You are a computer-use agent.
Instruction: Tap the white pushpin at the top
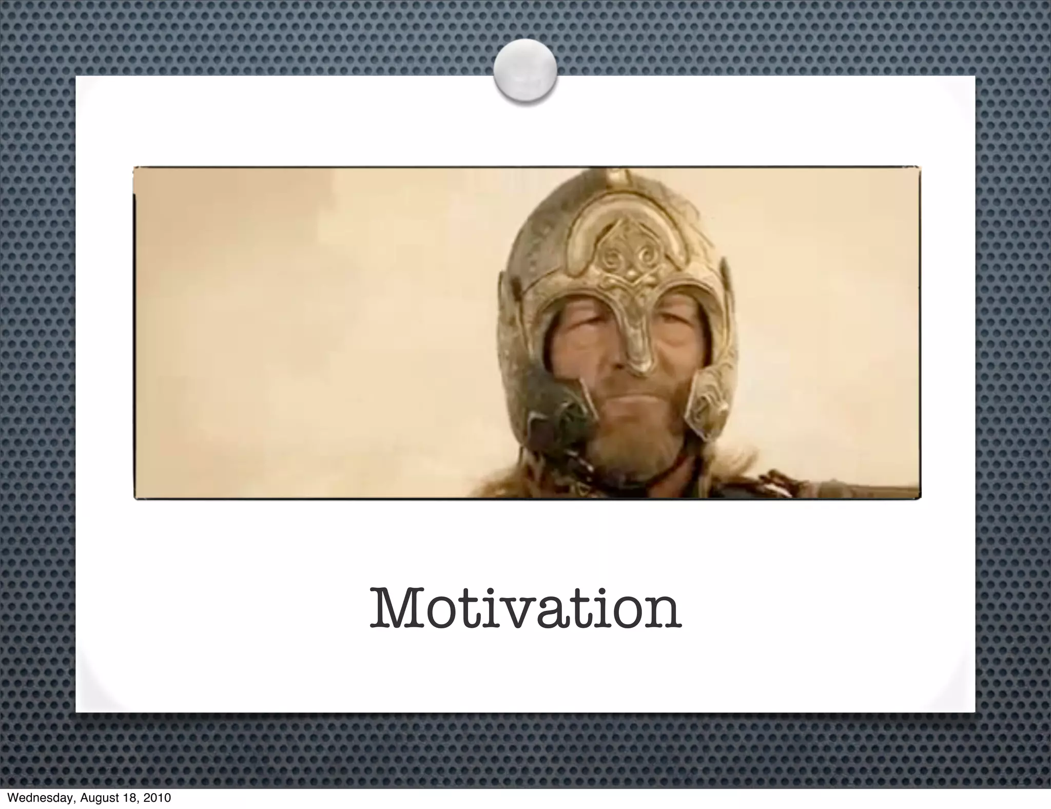pos(525,71)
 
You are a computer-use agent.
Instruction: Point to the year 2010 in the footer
pos(155,798)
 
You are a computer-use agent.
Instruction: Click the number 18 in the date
pos(130,798)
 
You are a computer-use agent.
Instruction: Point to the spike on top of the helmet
pos(612,179)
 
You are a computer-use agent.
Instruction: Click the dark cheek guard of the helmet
pos(554,411)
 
